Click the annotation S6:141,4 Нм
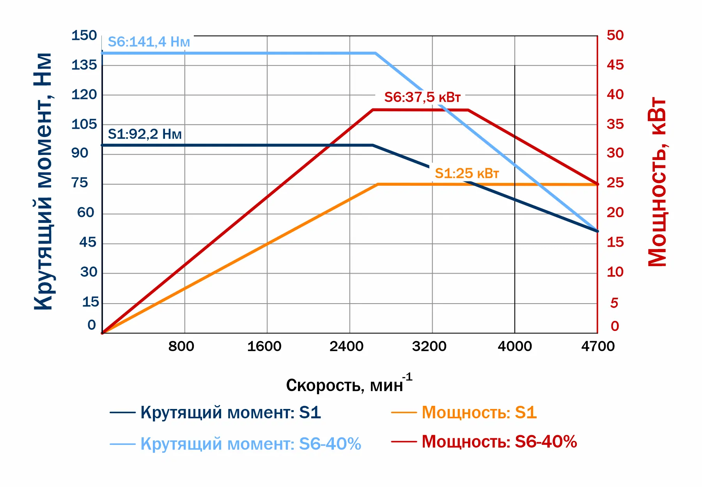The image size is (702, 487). click(149, 42)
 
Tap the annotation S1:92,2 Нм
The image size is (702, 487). click(145, 134)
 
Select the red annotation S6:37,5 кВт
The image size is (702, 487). click(422, 97)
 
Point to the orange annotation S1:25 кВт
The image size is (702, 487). click(467, 173)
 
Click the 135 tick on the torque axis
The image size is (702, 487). click(84, 65)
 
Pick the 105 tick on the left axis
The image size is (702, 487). click(84, 124)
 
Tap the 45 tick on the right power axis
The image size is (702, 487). click(615, 65)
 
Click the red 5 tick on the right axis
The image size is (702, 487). click(614, 303)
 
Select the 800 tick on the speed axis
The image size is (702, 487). click(181, 346)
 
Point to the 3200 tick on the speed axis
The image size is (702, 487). click(429, 346)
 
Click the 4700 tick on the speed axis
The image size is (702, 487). click(598, 346)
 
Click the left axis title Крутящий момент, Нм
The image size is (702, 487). click(43, 181)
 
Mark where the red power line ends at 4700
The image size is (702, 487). click(597, 184)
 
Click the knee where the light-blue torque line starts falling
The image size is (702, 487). click(376, 53)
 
